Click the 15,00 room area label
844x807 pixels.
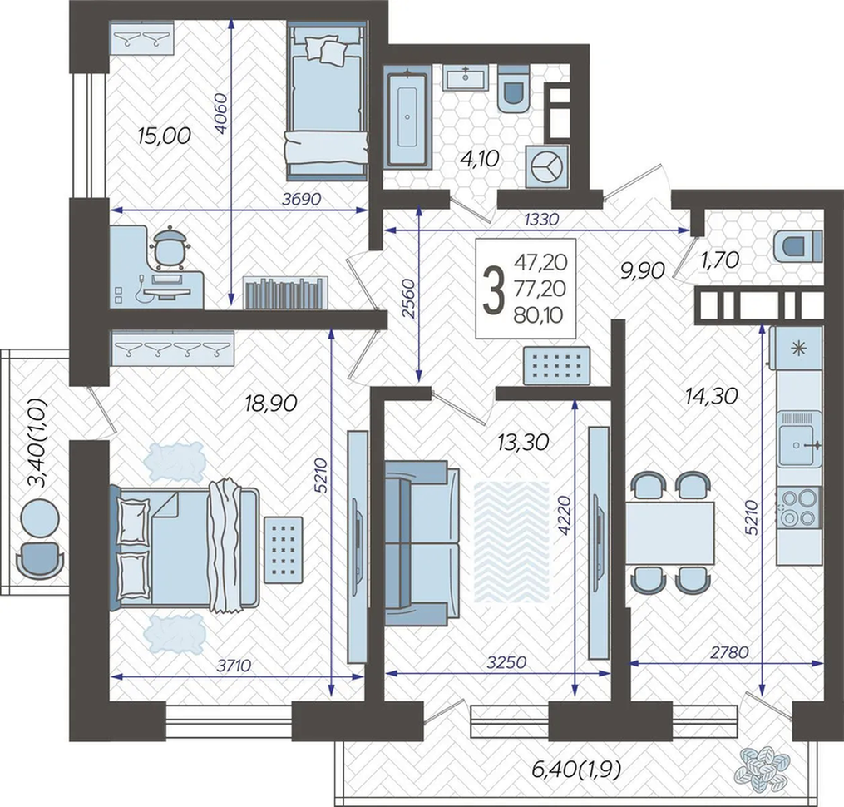[x=164, y=136]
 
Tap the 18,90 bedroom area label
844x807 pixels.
[x=270, y=403]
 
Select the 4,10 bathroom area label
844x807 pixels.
[x=480, y=159]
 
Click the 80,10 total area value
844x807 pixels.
[x=538, y=315]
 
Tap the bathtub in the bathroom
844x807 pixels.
[x=407, y=117]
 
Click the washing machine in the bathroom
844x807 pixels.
[x=546, y=166]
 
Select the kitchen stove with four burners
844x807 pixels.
[x=798, y=507]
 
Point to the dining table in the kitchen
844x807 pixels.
[x=670, y=533]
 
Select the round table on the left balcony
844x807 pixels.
[x=39, y=518]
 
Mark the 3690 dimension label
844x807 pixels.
[x=301, y=199]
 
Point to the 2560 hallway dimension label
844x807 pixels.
[x=409, y=299]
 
